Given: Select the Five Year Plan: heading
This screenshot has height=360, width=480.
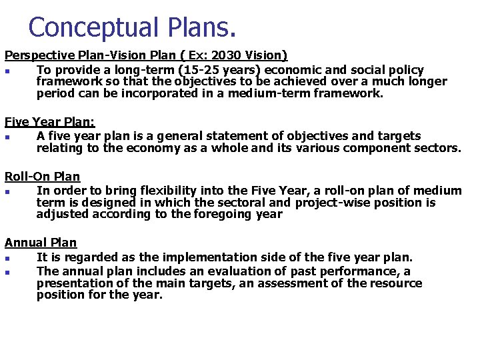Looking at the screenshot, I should click(50, 123).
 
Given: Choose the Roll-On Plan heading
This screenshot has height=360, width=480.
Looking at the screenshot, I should click(43, 177).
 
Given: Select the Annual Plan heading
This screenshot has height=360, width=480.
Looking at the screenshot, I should click(41, 243).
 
